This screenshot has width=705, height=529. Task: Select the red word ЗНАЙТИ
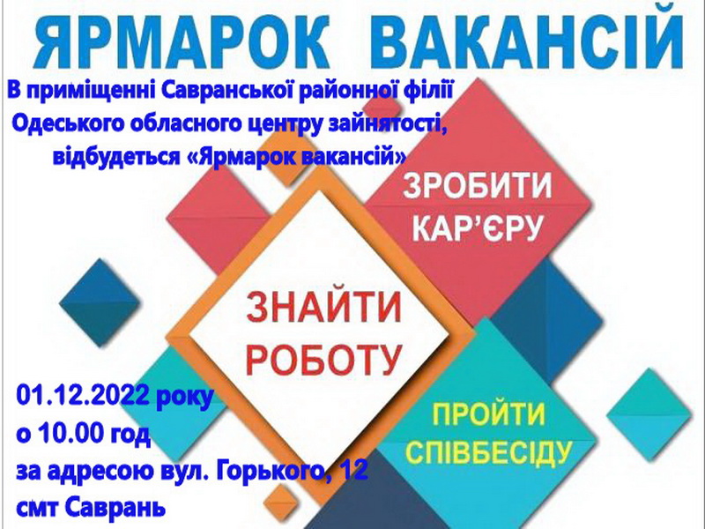tap(323, 307)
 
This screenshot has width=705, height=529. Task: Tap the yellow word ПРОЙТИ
tap(488, 414)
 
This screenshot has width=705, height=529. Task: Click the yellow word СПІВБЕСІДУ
tap(488, 452)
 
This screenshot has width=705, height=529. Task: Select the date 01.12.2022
tap(83, 396)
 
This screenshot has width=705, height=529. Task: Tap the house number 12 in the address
tap(355, 471)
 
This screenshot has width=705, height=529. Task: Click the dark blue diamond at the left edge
tap(100, 302)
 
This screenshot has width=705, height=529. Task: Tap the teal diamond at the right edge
tap(649, 414)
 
